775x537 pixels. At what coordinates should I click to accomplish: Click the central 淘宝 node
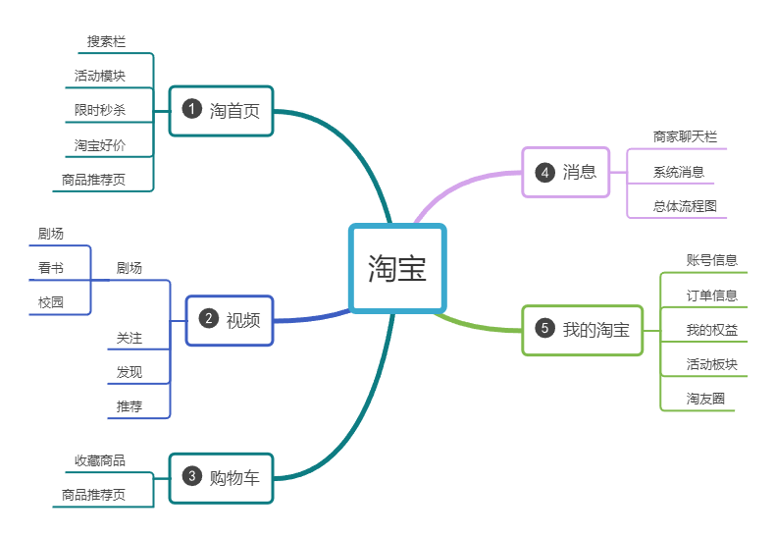(x=397, y=268)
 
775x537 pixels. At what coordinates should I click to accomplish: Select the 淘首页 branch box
(x=221, y=110)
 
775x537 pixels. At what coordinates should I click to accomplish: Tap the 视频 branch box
(x=230, y=319)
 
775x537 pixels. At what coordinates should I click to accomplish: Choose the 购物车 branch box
(x=221, y=477)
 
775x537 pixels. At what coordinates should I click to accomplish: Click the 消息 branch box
(x=566, y=172)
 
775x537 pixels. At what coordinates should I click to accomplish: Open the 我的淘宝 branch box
(x=583, y=329)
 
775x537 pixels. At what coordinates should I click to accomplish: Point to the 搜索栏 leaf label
(x=106, y=41)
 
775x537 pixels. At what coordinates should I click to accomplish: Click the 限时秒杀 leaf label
(x=100, y=110)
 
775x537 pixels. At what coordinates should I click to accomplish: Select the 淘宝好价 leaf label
(x=100, y=145)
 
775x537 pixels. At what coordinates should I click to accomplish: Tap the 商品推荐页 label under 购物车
(x=93, y=495)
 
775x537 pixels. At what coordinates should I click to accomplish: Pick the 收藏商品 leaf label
(x=100, y=460)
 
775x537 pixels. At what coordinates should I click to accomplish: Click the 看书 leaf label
(x=51, y=268)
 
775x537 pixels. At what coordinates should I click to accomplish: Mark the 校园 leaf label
(x=51, y=302)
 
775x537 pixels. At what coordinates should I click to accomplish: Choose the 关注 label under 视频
(x=129, y=338)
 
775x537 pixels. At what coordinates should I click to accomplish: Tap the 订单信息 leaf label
(x=711, y=295)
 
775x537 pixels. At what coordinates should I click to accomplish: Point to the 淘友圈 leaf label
(x=705, y=399)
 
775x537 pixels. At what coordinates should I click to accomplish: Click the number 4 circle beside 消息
(x=544, y=172)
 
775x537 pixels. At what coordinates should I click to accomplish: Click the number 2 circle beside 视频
(x=208, y=318)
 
